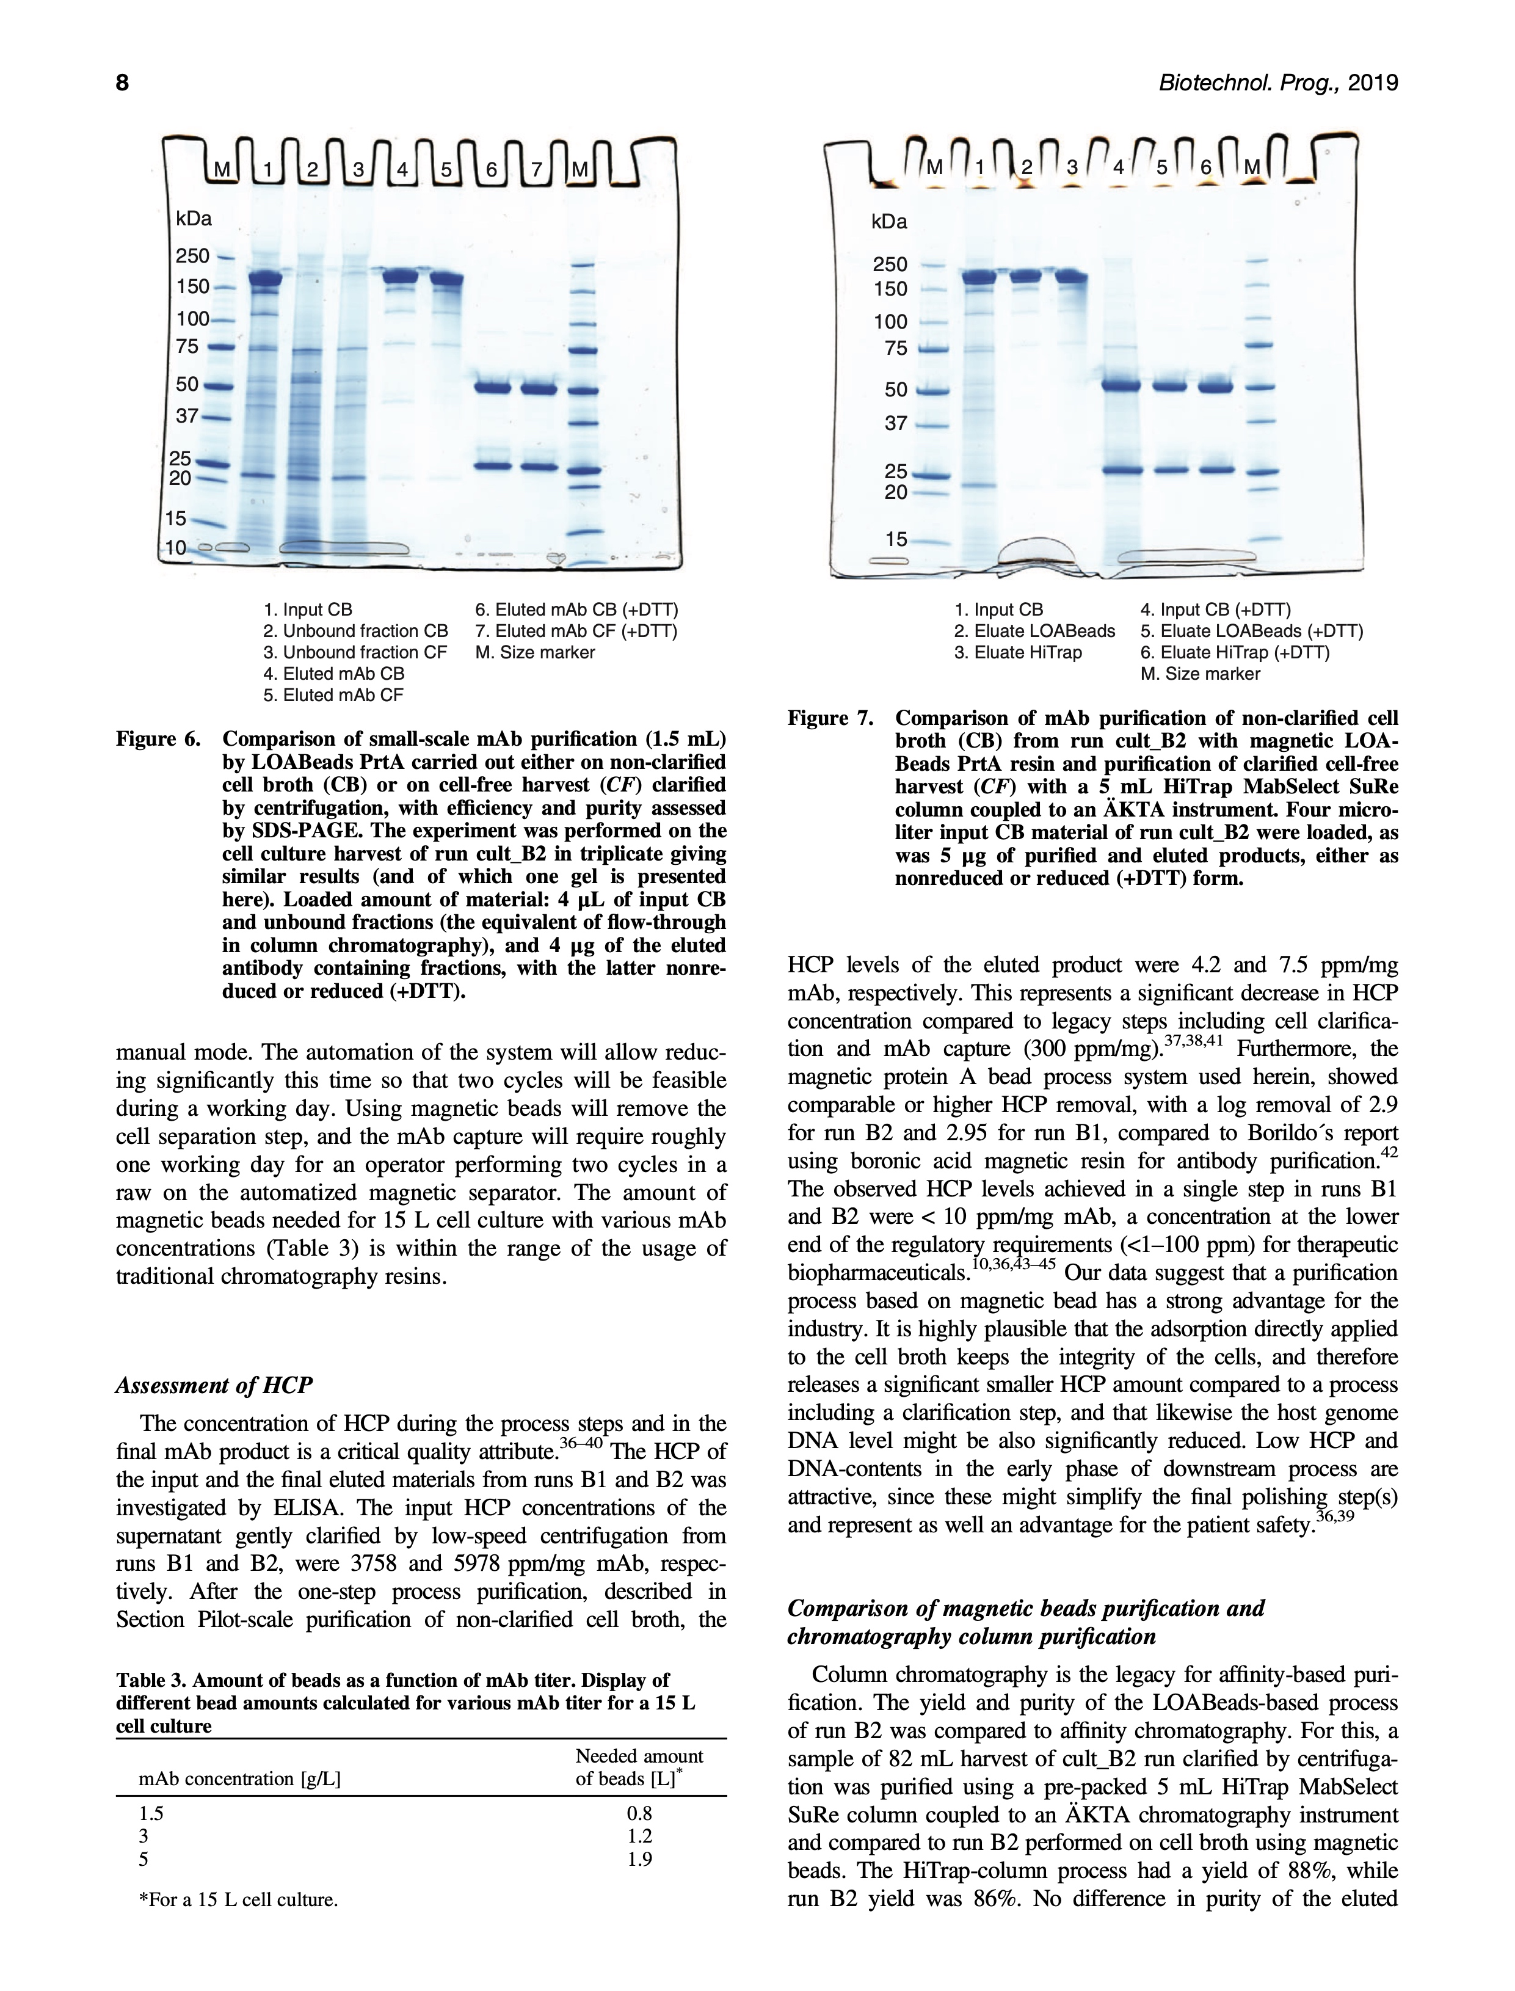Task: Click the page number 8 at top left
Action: [x=123, y=83]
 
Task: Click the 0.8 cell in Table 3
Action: [x=639, y=1813]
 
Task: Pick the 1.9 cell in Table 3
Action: [x=639, y=1858]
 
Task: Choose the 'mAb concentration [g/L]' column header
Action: [x=239, y=1779]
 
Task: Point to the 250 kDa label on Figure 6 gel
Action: [x=192, y=256]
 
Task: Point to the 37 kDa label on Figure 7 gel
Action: [x=895, y=423]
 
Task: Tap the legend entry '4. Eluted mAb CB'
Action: [x=333, y=674]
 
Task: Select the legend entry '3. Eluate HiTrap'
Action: [x=1018, y=652]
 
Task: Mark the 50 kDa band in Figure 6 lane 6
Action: [x=492, y=388]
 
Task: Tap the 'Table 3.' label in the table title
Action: [x=151, y=1681]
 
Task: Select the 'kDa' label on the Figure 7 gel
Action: [x=889, y=222]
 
